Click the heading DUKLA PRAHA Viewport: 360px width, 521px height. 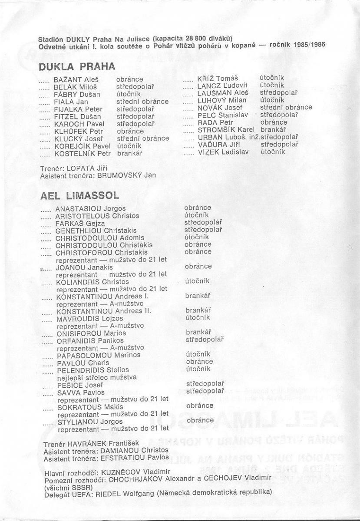[x=77, y=67]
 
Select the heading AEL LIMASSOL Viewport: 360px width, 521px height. [x=79, y=196]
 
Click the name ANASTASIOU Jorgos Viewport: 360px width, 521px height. [x=91, y=208]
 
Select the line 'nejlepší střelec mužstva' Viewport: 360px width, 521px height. [x=96, y=377]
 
